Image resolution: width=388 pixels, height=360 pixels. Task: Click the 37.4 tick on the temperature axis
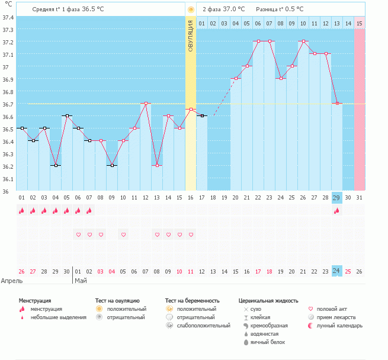[x=8, y=17]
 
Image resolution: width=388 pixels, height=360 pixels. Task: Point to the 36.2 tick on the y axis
[x=8, y=166]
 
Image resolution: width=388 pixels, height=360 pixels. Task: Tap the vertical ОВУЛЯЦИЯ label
[x=191, y=36]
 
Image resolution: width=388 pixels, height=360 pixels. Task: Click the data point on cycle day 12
[x=146, y=104]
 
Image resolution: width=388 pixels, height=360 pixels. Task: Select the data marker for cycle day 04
[x=55, y=166]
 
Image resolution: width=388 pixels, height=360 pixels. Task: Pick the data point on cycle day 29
[x=337, y=104]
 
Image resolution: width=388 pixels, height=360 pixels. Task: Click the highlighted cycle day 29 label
[x=337, y=197]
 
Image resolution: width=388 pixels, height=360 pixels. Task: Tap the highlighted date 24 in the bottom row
[x=337, y=271]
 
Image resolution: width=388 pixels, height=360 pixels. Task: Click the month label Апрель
[x=12, y=281]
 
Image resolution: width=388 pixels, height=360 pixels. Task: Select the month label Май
[x=80, y=281]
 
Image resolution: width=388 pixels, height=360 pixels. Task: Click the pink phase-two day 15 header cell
[x=360, y=23]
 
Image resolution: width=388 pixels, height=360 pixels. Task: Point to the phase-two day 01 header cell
[x=202, y=23]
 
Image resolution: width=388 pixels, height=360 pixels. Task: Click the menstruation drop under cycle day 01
[x=21, y=211]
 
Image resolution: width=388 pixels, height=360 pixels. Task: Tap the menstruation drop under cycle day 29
[x=337, y=211]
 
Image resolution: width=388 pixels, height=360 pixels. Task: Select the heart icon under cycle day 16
[x=191, y=235]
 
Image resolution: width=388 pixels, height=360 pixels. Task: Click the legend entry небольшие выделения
[x=58, y=317]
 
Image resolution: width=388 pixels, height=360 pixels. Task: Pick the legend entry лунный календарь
[x=339, y=326]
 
